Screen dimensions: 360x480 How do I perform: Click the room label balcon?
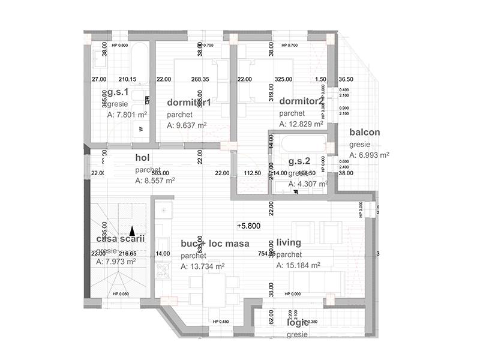click(x=365, y=133)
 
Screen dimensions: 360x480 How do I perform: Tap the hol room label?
click(x=142, y=158)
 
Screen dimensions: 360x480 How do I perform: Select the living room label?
click(x=289, y=243)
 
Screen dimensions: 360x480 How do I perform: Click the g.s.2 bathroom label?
click(x=299, y=161)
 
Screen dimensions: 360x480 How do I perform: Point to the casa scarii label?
click(x=120, y=239)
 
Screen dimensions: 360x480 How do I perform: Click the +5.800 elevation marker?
click(x=248, y=226)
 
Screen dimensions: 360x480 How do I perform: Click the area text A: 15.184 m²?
click(x=298, y=265)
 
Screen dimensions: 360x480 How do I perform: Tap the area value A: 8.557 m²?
click(x=155, y=180)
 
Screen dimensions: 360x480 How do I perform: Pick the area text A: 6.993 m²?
click(x=370, y=155)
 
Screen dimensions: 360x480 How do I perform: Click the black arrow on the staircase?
click(x=132, y=230)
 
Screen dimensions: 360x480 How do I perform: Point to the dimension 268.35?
click(x=200, y=79)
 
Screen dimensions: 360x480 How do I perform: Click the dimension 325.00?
click(x=283, y=79)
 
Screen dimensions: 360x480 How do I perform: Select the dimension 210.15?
click(x=127, y=79)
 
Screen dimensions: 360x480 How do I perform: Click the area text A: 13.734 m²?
click(x=203, y=266)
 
